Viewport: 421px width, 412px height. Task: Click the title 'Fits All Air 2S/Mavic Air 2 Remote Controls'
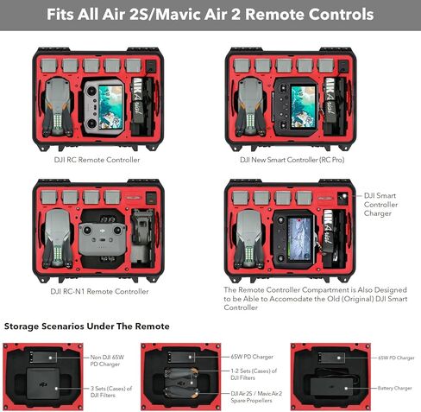210,15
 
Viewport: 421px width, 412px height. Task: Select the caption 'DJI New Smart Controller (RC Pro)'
294,160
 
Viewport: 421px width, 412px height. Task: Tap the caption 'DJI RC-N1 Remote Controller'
99,291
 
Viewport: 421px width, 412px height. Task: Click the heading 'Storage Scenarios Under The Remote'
86,326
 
